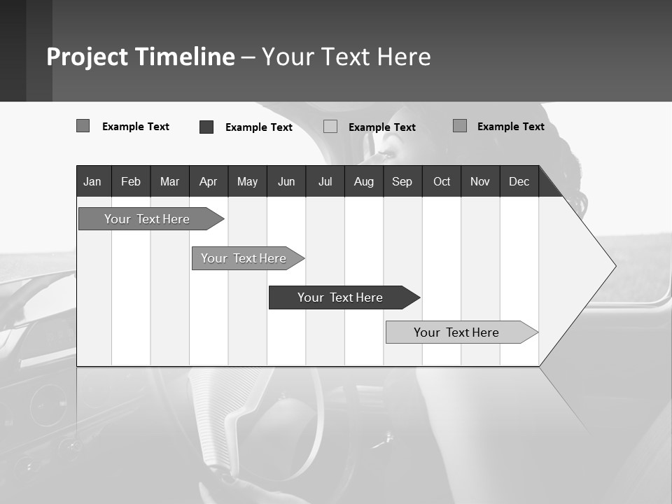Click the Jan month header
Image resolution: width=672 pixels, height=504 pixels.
click(x=92, y=181)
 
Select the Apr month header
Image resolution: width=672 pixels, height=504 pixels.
click(x=208, y=181)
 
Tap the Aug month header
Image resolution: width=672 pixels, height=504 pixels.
click(x=363, y=181)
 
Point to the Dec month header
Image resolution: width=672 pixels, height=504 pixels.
click(x=519, y=181)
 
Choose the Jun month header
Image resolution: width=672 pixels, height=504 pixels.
click(x=286, y=181)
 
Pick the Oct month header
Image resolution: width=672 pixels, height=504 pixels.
click(x=442, y=181)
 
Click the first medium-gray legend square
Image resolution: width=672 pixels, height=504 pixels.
click(x=83, y=126)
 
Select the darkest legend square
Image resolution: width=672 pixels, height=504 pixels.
click(x=206, y=127)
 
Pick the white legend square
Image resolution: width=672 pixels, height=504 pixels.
click(x=330, y=127)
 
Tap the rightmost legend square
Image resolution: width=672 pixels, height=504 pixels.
click(x=460, y=126)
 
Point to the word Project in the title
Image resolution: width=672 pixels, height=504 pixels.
click(x=87, y=57)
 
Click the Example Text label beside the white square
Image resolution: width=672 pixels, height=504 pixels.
click(x=382, y=127)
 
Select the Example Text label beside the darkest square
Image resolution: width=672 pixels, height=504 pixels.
click(x=259, y=127)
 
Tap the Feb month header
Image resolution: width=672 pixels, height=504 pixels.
click(x=131, y=181)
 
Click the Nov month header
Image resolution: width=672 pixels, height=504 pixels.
click(x=480, y=181)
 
